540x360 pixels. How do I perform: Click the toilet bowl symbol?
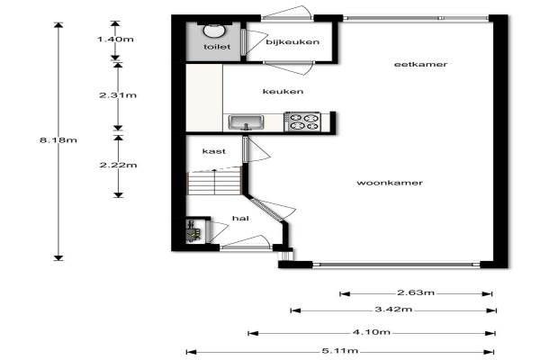point(214,30)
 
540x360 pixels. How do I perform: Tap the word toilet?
point(217,47)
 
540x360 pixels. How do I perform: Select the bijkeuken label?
point(292,42)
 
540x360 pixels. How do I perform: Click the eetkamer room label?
point(420,64)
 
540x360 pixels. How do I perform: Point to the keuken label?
point(283,91)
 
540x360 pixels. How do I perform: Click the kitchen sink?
point(247,122)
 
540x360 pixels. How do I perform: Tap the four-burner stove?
point(302,121)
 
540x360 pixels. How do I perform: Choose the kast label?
point(214,151)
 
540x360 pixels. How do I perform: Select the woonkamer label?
point(390,183)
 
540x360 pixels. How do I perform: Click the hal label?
point(240,218)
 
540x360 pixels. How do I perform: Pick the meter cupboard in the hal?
point(193,230)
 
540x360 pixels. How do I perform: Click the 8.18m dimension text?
point(58,139)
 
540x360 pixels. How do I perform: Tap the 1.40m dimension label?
point(115,39)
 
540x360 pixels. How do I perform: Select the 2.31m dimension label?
point(118,95)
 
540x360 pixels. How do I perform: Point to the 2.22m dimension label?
point(119,165)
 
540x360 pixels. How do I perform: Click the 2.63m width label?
point(416,292)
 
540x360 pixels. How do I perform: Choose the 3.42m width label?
point(393,309)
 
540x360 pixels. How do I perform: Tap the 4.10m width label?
point(372,332)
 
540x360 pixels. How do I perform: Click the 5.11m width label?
point(340,351)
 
